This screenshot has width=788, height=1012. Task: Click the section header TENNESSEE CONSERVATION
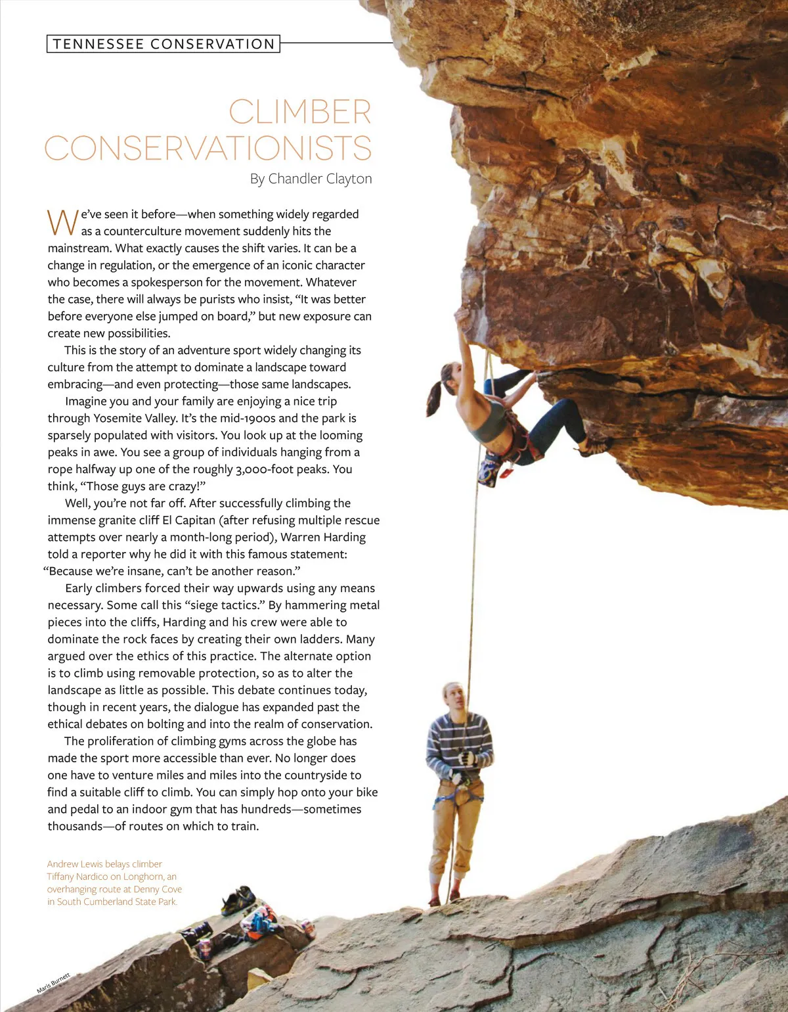(x=164, y=44)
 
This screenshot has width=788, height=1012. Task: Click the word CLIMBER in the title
(x=300, y=112)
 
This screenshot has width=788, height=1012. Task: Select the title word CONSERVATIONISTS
(x=208, y=148)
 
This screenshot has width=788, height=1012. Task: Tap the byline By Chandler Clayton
(x=311, y=179)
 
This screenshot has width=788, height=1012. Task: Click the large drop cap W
(x=62, y=222)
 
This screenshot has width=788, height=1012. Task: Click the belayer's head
(x=454, y=697)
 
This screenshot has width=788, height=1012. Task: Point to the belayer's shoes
(x=444, y=898)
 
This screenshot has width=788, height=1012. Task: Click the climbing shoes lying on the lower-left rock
(x=238, y=900)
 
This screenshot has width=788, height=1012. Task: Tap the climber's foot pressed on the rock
(x=594, y=449)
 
